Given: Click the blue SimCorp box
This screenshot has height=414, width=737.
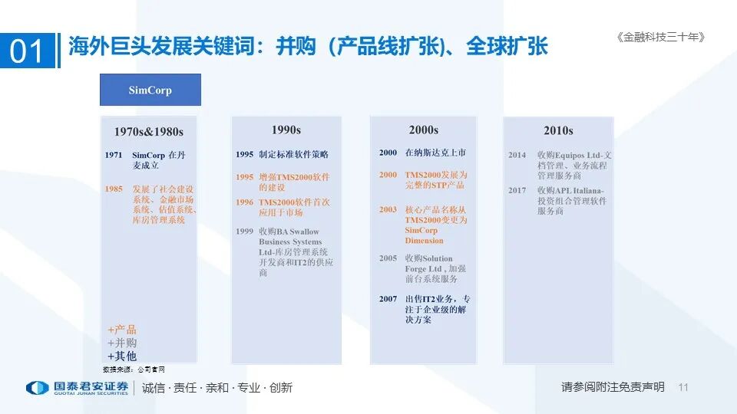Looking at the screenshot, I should point(150,90).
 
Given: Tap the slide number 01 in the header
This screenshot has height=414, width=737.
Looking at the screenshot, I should point(28,51).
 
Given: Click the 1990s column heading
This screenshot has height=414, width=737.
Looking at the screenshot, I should point(286,130).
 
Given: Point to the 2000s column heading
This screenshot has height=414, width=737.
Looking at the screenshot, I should point(423,130).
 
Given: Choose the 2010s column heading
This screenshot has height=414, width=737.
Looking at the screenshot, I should point(558,130).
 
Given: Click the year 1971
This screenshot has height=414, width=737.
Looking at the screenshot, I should point(114,155).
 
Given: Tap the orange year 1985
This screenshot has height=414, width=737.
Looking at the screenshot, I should point(114,189).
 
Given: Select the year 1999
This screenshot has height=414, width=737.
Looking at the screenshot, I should point(244,232).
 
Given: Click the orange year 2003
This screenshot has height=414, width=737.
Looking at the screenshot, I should point(388,209).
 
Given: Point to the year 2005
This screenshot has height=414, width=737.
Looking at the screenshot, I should point(388,258).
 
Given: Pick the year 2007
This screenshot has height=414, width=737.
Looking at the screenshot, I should point(388,299).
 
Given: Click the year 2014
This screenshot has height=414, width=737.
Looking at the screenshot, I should point(517,155).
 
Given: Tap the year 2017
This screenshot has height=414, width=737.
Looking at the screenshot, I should point(517,190).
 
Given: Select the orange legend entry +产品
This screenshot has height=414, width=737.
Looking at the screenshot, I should point(122,330).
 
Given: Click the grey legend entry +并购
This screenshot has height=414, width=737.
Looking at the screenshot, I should point(122,343).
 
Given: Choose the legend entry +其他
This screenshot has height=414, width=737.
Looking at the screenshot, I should point(122,356).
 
